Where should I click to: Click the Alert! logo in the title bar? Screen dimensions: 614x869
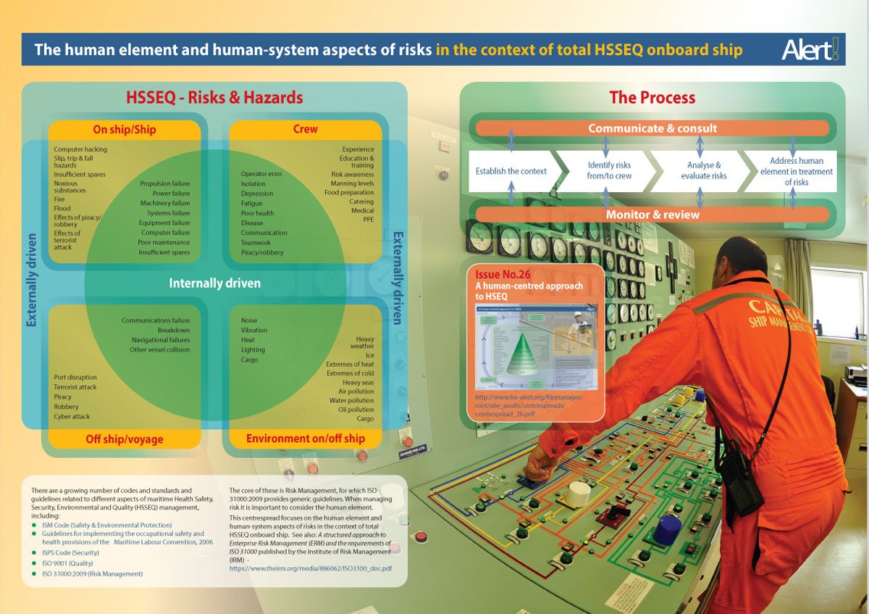[x=810, y=49]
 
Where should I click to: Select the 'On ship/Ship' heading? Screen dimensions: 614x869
[x=125, y=130]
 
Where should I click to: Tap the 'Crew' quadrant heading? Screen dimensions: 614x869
[x=306, y=129]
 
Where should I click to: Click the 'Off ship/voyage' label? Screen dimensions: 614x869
[x=125, y=439]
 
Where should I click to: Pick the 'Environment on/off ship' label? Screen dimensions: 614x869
[x=306, y=438]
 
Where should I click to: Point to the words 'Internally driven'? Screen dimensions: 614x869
[x=214, y=283]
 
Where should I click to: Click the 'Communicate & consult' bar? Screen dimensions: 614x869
[x=652, y=128]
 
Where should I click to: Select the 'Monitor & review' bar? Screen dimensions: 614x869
[x=652, y=215]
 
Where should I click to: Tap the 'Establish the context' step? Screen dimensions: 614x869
[x=511, y=171]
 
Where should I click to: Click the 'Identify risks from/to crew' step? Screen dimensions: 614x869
[x=609, y=170]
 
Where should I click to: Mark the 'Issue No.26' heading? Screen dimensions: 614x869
[x=498, y=275]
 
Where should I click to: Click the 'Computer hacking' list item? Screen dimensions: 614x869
[x=80, y=149]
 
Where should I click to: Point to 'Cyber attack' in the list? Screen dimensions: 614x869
[x=72, y=417]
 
